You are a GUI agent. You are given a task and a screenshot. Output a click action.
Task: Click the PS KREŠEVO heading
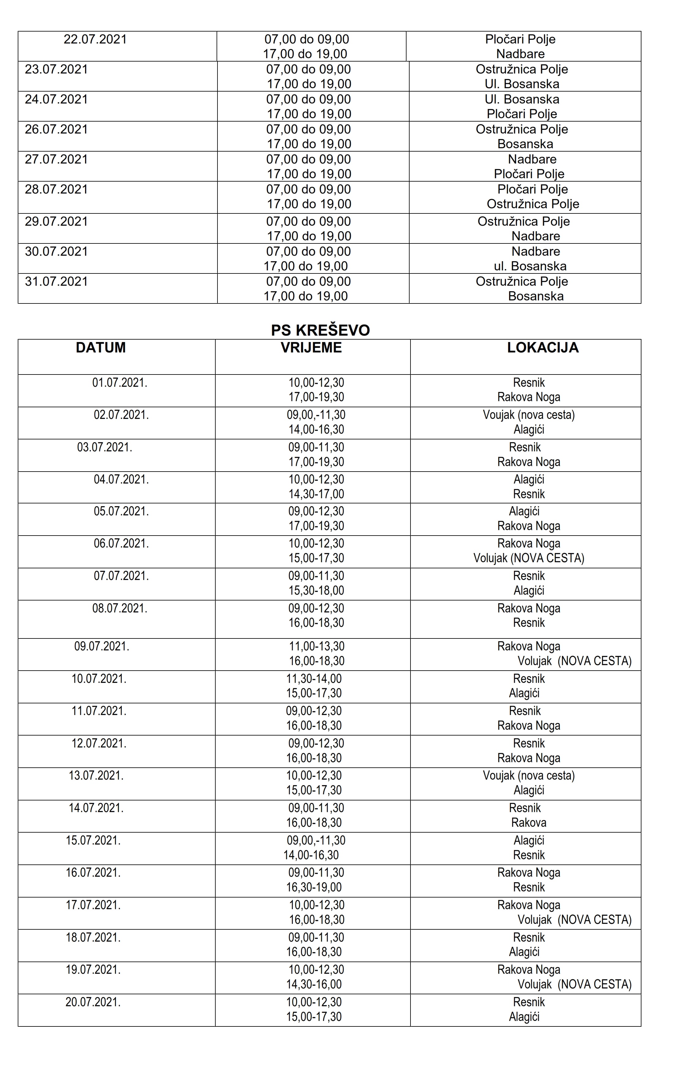[x=320, y=330]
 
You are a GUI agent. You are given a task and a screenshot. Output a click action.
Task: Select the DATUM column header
[x=101, y=348]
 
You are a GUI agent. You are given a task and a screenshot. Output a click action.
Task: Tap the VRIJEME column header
[x=311, y=348]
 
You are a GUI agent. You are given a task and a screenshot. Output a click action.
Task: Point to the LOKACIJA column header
[x=543, y=348]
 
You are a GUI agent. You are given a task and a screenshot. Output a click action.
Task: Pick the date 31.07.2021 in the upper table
[x=56, y=281]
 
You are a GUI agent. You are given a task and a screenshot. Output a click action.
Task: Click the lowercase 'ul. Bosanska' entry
[x=530, y=266]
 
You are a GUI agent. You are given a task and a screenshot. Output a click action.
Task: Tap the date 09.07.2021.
[x=102, y=646]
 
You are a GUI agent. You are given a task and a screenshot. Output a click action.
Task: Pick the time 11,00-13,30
[x=317, y=646]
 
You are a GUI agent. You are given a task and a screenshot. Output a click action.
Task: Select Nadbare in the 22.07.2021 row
[x=520, y=54]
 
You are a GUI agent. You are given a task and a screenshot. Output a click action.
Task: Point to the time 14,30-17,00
[x=316, y=494]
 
